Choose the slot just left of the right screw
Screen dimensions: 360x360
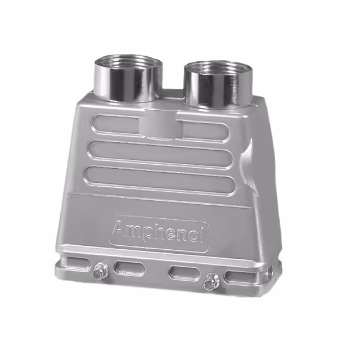tap(185, 273)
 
